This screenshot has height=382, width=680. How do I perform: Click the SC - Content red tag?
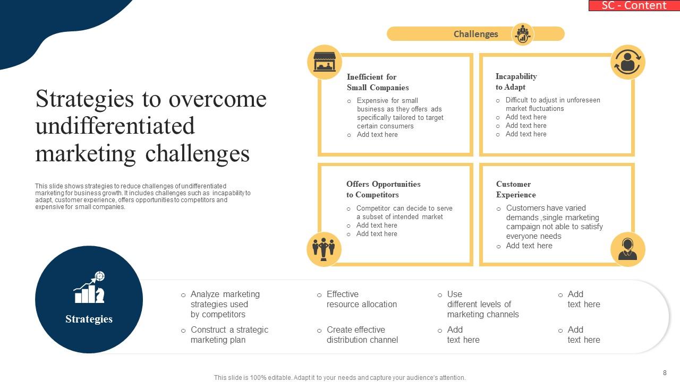(634, 5)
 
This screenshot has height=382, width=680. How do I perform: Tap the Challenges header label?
(475, 34)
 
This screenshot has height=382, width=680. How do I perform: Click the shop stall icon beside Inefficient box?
(324, 62)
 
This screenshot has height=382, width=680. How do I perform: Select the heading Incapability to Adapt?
(516, 82)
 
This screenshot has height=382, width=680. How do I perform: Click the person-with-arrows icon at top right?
(627, 62)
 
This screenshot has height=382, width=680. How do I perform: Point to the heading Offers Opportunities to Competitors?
(383, 189)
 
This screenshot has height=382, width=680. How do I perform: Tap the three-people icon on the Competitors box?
(324, 249)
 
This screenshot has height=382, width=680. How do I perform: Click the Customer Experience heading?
(515, 189)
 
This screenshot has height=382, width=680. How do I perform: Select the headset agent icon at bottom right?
(627, 249)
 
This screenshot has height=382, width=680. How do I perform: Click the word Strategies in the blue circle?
(89, 319)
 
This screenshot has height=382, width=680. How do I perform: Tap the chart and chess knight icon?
(89, 288)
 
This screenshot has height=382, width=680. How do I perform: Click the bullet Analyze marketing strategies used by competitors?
(225, 304)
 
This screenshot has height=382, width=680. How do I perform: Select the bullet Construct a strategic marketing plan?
(229, 335)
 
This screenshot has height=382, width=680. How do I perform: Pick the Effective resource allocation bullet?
(361, 299)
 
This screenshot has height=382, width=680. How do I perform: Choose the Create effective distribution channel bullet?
(362, 335)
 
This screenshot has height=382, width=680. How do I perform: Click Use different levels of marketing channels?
(482, 304)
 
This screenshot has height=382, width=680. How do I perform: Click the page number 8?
(665, 373)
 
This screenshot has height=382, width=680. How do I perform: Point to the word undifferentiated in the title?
(115, 126)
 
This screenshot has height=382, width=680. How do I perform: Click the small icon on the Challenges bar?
(523, 34)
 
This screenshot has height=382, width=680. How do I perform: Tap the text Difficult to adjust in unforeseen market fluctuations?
(552, 104)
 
